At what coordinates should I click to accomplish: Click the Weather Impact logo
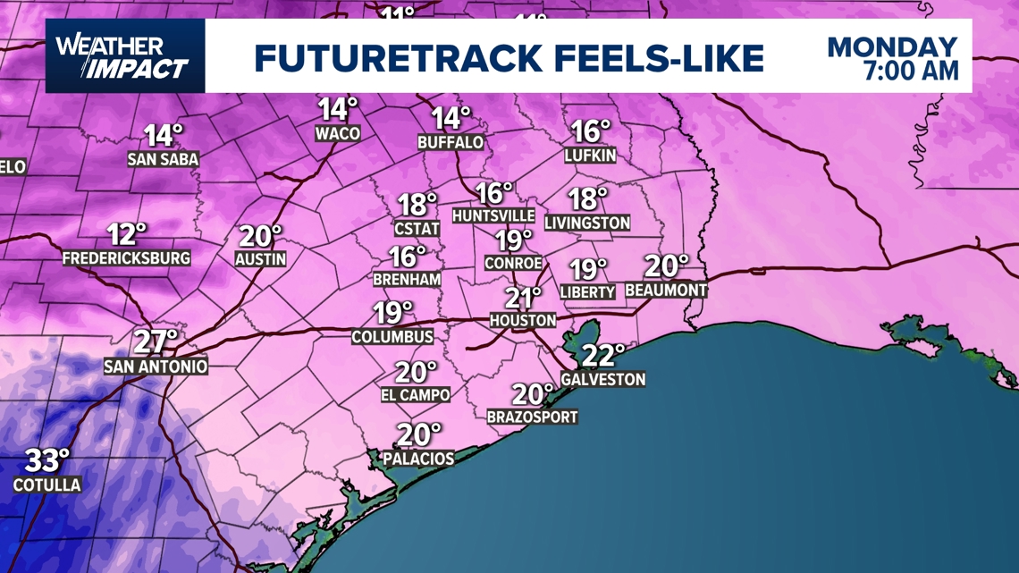pyautogui.click(x=123, y=56)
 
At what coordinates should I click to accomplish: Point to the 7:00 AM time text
pyautogui.click(x=911, y=71)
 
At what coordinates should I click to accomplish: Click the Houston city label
pyautogui.click(x=523, y=320)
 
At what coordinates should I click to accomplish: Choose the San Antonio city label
pyautogui.click(x=156, y=367)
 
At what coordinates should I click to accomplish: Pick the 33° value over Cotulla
pyautogui.click(x=46, y=461)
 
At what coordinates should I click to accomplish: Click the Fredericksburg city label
pyautogui.click(x=126, y=258)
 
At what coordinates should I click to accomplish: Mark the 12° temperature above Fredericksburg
pyautogui.click(x=127, y=235)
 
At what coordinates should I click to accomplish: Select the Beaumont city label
pyautogui.click(x=666, y=291)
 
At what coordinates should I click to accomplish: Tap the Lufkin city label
pyautogui.click(x=590, y=156)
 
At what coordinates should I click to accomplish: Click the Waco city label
pyautogui.click(x=338, y=134)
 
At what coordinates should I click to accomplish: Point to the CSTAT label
pyautogui.click(x=417, y=229)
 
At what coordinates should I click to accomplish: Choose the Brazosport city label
pyautogui.click(x=532, y=417)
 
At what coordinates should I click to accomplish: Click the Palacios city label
pyautogui.click(x=418, y=459)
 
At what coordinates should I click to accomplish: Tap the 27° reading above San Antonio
pyautogui.click(x=156, y=342)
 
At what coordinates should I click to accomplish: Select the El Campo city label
pyautogui.click(x=416, y=394)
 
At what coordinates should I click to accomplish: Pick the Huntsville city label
pyautogui.click(x=493, y=216)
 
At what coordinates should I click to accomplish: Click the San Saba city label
pyautogui.click(x=163, y=159)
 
